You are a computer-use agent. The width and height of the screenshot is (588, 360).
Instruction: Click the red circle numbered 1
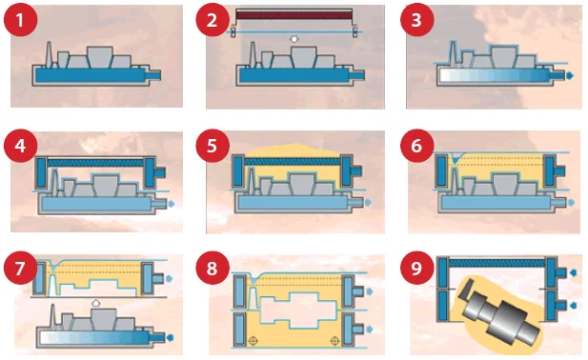click(21, 20)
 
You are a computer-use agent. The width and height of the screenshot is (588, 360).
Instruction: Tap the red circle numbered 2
click(213, 20)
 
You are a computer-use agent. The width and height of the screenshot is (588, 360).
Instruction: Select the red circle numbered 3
click(417, 20)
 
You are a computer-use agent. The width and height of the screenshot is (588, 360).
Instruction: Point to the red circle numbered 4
click(21, 146)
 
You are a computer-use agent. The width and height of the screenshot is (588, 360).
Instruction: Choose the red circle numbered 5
click(213, 146)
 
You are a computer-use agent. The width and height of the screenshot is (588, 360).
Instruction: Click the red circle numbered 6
click(417, 146)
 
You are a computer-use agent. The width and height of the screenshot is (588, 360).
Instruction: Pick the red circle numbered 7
click(21, 269)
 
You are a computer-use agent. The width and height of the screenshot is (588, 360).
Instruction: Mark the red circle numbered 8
click(213, 269)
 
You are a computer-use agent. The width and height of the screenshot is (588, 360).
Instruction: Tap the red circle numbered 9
click(417, 269)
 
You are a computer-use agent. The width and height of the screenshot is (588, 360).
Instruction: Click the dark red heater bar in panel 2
click(294, 15)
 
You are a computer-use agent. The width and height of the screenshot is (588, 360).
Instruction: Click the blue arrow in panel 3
click(570, 75)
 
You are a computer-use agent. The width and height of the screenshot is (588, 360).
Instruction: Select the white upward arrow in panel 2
click(294, 39)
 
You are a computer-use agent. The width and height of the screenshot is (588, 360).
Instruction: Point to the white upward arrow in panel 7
click(96, 302)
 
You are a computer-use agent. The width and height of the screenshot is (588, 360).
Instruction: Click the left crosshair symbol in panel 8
click(253, 341)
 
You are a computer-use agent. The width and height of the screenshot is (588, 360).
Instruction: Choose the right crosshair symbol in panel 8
click(335, 341)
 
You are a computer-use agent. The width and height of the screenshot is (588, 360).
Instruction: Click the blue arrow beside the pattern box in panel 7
click(170, 278)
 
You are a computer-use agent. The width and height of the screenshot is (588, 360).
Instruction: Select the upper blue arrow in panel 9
click(573, 272)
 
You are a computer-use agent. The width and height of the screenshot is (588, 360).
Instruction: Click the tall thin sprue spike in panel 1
click(49, 54)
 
